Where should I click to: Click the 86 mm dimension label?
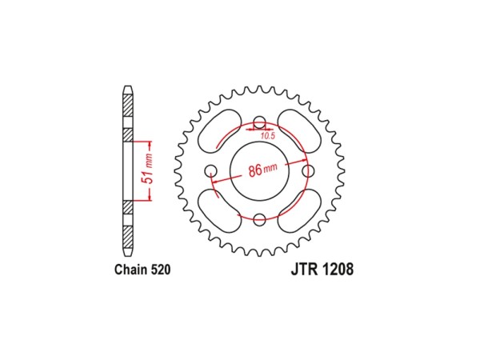pyautogui.click(x=262, y=170)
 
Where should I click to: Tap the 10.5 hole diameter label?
pyautogui.click(x=268, y=136)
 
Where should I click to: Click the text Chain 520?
pyautogui.click(x=142, y=270)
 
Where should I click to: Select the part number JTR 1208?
pyautogui.click(x=322, y=269)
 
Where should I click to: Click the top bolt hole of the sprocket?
pyautogui.click(x=259, y=122)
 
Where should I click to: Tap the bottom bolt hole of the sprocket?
pyautogui.click(x=259, y=219)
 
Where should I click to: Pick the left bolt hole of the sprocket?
pyautogui.click(x=211, y=170)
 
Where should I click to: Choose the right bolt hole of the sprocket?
pyautogui.click(x=308, y=170)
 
